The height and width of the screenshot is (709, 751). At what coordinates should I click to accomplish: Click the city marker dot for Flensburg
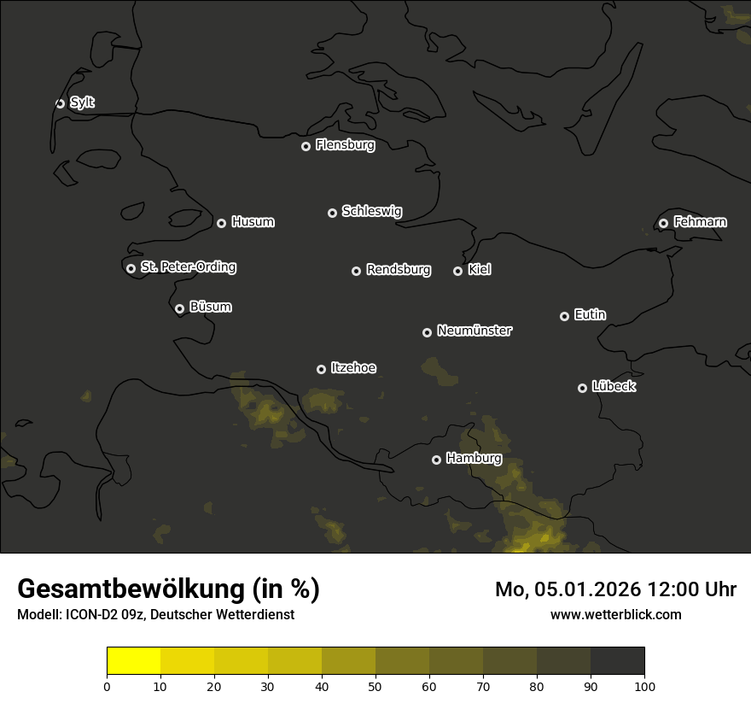point(306,146)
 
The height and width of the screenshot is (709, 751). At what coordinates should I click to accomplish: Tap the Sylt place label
point(82,103)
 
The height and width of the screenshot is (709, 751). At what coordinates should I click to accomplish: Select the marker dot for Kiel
point(457,271)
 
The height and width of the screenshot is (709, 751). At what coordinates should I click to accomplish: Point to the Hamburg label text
point(474,459)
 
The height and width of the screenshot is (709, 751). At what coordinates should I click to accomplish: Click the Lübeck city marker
point(582,388)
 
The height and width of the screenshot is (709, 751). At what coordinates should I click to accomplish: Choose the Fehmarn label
point(700,222)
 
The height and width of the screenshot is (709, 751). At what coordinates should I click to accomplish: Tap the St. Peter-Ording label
point(188,267)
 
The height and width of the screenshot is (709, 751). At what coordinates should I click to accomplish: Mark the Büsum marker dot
point(179,309)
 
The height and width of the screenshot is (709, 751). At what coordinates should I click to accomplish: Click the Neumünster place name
point(474,331)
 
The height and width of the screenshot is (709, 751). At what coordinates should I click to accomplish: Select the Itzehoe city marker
point(321,369)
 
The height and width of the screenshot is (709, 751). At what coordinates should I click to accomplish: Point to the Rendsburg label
point(398,270)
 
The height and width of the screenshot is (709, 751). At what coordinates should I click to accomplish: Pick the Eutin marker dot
point(564,316)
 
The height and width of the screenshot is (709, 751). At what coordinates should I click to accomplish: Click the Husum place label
point(253,222)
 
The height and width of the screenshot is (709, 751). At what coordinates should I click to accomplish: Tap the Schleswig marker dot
point(332,213)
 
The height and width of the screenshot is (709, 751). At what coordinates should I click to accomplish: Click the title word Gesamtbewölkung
point(128,589)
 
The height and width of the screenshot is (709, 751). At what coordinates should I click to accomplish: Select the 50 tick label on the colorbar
point(375,686)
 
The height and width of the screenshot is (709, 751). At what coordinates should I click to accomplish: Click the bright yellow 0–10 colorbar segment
point(134,661)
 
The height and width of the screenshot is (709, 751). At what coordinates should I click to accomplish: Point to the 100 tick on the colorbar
point(644,686)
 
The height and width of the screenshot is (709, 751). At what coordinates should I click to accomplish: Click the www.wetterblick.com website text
point(615,614)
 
